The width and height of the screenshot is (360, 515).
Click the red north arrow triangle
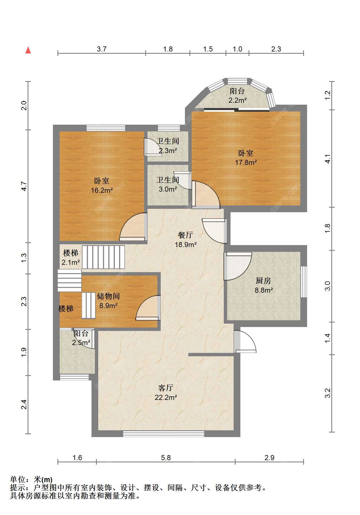coord(28,50)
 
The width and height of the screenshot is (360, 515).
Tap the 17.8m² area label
coord(246,162)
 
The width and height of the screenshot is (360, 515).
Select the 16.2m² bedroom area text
coord(102,191)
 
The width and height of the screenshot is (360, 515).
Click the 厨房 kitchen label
coord(263,281)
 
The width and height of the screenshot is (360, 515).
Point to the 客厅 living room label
coord(166,388)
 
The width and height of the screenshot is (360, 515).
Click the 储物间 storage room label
coord(108,296)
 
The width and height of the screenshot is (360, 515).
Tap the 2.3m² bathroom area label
coord(168,151)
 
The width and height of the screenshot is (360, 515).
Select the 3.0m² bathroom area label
coord(168,189)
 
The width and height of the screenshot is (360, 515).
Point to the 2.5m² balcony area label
coord(81,342)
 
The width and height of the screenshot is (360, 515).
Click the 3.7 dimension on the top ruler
coord(102,49)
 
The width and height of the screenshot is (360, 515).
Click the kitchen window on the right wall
coord(304,282)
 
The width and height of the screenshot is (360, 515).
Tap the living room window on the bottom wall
coord(164,434)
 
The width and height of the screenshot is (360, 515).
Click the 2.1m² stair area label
coord(71,263)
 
